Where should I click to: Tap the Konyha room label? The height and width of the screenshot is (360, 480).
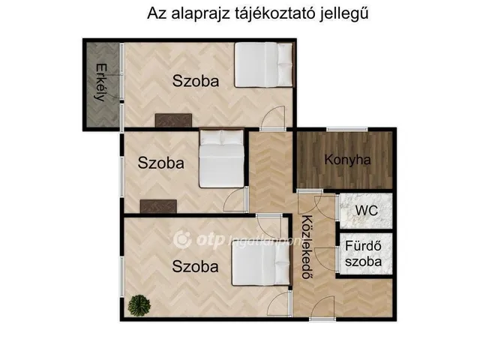coord(347,160)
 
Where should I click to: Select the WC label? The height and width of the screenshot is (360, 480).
coord(366,211)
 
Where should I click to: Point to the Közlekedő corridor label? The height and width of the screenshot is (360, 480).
coord(307,247)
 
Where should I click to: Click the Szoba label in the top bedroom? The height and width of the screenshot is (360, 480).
coord(196,81)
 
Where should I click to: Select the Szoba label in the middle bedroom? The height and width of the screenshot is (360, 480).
coord(160,163)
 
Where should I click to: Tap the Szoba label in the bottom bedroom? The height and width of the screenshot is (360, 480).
coord(195,265)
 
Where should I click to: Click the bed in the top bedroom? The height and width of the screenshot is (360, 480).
coord(262,64)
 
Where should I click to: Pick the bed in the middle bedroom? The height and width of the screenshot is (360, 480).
coord(221,160)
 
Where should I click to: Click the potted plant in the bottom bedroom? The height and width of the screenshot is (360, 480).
coord(138,304)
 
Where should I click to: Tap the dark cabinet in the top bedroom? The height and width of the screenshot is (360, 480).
coord(174,120)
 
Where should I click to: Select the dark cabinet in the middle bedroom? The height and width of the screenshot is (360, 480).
coord(158,206)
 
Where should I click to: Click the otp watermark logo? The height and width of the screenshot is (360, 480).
coord(184,239)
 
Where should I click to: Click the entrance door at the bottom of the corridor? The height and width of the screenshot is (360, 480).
coord(322,308)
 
